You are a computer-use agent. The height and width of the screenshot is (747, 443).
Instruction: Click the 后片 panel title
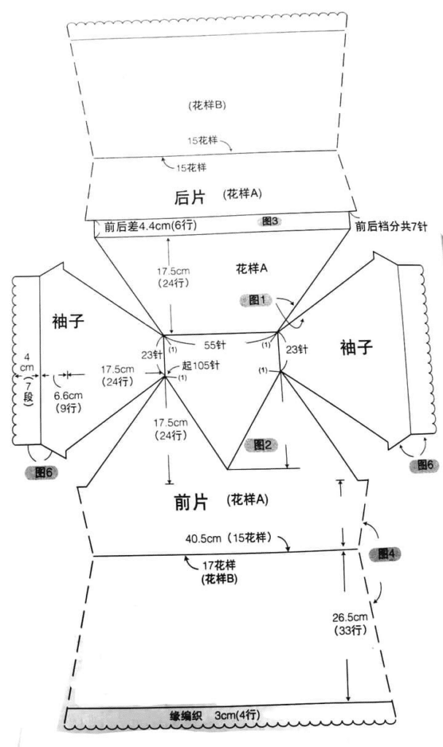coord(190,197)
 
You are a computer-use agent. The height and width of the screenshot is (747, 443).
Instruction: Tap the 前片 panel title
coord(190,503)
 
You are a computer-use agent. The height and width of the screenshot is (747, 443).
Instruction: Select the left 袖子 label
coord(69,322)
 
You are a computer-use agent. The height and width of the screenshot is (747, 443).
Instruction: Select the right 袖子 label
coord(356,347)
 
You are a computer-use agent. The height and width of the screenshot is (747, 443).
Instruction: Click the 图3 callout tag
coord(270,221)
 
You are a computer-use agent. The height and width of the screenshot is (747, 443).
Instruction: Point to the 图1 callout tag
coord(257,300)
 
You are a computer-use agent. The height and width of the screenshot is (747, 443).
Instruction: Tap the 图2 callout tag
coord(262,445)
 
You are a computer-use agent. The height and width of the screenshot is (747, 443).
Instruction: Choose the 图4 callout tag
coord(386,554)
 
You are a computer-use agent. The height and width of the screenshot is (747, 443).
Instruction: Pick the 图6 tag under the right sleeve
coord(425,465)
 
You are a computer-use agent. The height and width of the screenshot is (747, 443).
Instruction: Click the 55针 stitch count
coord(215,345)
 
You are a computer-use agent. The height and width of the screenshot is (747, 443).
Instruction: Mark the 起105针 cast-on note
coord(200,366)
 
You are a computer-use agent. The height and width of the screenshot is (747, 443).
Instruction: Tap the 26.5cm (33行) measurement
coord(350,624)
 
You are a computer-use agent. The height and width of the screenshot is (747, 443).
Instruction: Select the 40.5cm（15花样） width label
coord(228,538)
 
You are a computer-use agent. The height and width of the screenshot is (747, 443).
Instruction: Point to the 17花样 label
coord(220,565)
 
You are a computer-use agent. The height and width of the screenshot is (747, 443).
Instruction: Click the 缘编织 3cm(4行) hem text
coord(215,716)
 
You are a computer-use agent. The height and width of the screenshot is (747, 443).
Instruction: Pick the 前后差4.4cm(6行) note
coord(150,226)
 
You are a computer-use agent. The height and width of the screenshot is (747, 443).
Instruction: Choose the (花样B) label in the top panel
coord(207,105)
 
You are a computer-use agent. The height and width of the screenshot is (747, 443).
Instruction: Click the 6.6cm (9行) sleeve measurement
coord(68,401)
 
